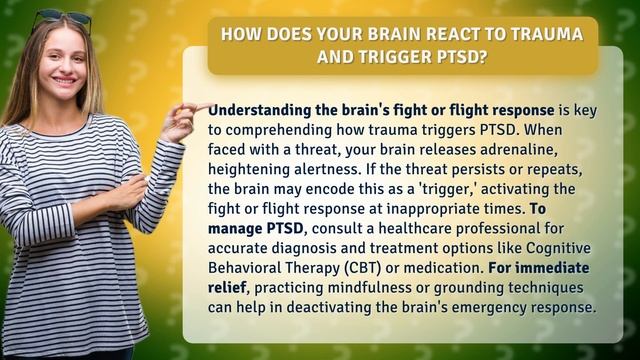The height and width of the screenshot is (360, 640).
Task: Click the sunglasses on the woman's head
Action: (60, 17)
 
